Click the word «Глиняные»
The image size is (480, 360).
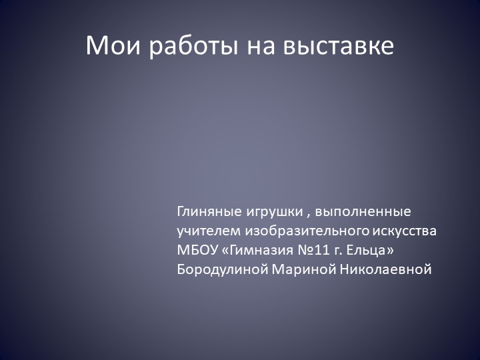207,213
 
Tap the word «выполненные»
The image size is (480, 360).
363,213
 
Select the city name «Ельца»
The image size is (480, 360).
367,251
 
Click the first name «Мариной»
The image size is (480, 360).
304,270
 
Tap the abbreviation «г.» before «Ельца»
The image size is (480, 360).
343,252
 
